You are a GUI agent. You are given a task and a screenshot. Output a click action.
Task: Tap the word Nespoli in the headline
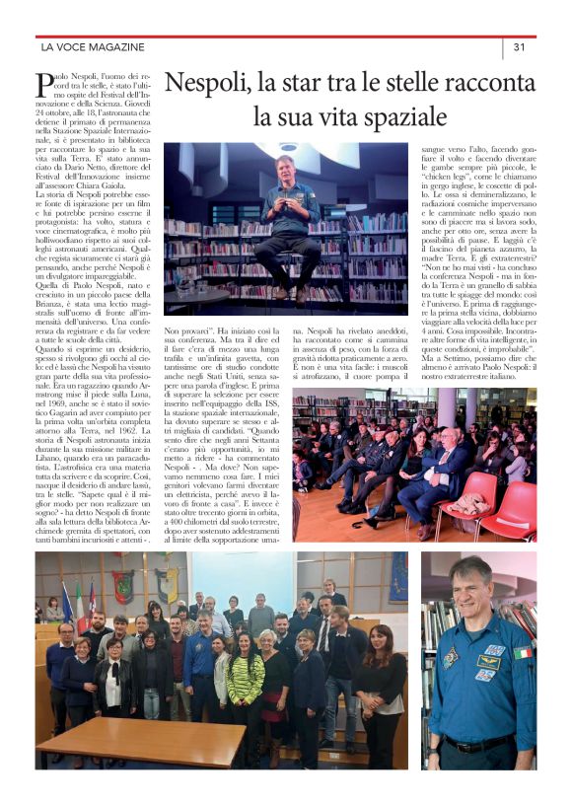[x=215, y=82]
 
